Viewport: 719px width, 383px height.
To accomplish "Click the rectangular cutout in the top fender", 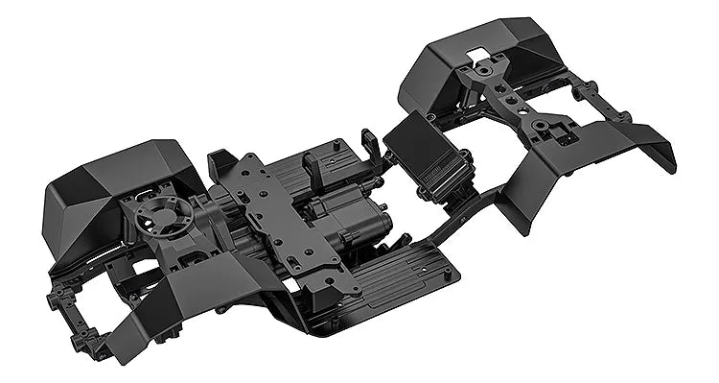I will [479, 50].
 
